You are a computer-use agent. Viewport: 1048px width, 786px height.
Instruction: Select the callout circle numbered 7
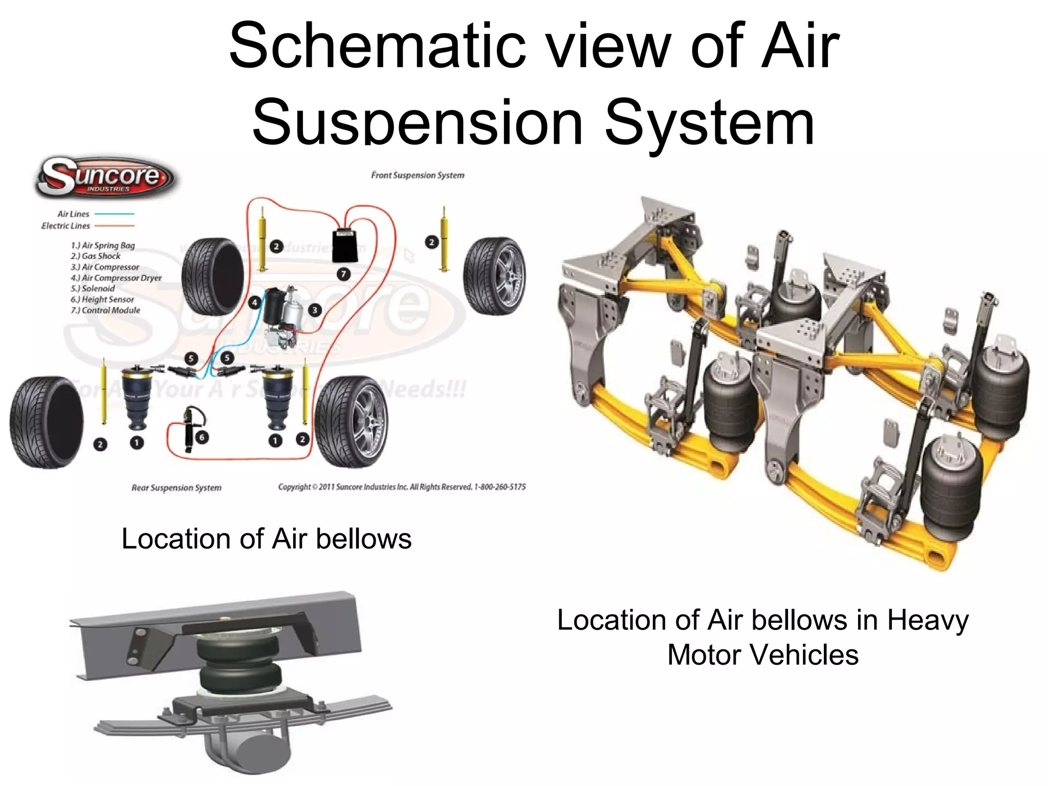[343, 274]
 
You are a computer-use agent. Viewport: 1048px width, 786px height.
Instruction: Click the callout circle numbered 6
[202, 437]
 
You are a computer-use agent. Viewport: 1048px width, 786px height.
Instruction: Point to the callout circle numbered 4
[254, 302]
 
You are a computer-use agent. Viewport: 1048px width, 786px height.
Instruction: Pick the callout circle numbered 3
[315, 310]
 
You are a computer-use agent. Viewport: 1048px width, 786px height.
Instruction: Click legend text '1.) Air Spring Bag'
[103, 246]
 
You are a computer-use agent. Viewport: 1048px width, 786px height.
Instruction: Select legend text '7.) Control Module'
[105, 310]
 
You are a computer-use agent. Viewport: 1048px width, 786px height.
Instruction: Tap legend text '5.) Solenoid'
[93, 289]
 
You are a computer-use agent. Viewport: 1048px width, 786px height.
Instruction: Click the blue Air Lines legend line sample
[114, 214]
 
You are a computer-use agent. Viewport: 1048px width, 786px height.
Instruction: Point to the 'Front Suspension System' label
[418, 175]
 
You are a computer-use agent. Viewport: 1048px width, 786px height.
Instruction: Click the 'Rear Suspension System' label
[177, 488]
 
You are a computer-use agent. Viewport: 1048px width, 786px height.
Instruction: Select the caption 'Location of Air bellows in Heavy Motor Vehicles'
[762, 637]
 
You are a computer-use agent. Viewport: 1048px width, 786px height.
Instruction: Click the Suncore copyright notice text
[402, 487]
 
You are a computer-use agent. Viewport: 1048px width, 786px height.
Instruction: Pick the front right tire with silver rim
[494, 276]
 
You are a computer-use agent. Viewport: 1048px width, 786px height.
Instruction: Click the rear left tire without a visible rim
[46, 422]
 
